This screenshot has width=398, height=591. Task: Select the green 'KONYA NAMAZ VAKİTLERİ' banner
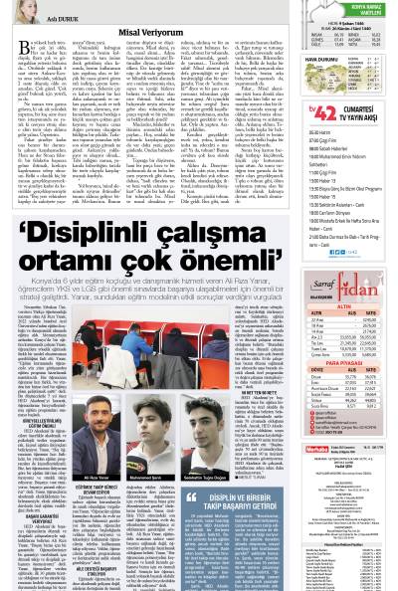click(x=355, y=14)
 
